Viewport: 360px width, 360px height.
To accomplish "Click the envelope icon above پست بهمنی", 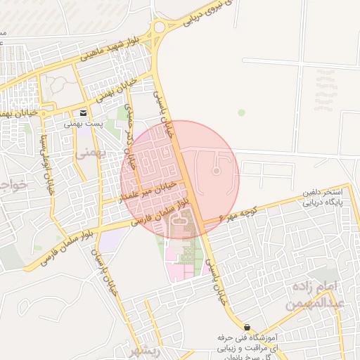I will (84, 113).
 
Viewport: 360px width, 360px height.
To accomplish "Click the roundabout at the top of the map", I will (160, 27).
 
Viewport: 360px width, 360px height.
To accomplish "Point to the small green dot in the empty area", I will (242, 112).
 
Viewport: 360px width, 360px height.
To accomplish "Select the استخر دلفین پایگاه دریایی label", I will (322, 197).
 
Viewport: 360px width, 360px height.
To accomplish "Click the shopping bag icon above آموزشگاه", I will (247, 327).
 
